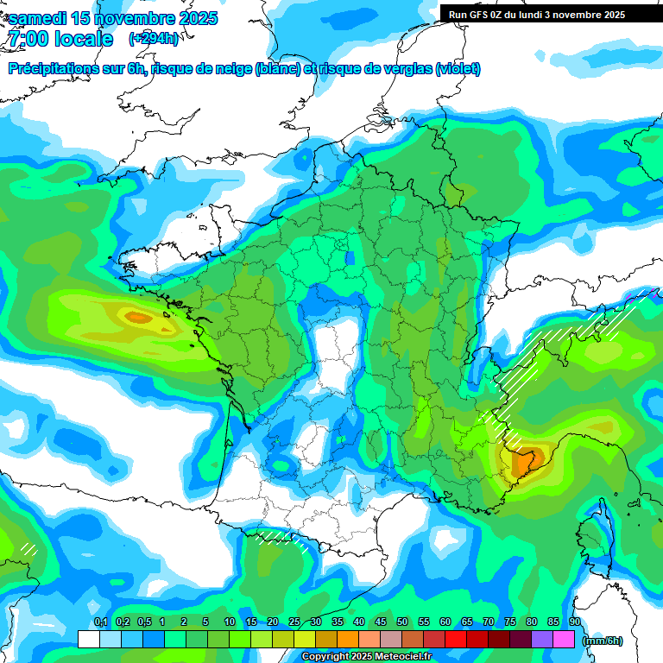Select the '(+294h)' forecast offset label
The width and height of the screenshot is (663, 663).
(153, 39)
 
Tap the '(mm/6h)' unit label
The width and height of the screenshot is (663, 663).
(602, 640)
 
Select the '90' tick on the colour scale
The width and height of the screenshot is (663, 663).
(574, 622)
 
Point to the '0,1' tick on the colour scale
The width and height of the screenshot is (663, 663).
(100, 622)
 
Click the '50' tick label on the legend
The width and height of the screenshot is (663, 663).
(401, 622)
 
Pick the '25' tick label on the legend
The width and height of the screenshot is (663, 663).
(294, 622)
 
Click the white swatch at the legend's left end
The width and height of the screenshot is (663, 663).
(88, 640)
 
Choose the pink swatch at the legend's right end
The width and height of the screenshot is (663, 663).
(565, 640)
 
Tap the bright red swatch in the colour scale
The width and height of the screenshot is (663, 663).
(456, 640)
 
